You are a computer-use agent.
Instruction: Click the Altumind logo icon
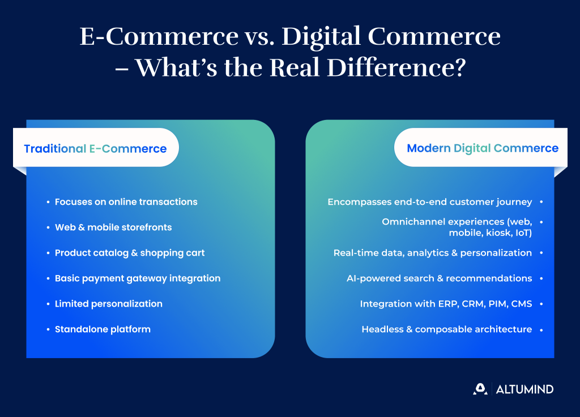480,389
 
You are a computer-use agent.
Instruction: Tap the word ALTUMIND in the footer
524,389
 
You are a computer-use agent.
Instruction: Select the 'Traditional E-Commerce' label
95,148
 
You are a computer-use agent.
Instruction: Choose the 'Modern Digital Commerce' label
483,148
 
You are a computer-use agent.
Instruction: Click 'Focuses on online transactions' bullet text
126,201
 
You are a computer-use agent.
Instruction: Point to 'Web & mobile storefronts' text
113,227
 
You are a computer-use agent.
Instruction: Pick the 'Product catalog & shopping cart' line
130,253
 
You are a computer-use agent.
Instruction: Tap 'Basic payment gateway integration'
138,278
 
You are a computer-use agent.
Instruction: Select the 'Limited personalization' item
109,304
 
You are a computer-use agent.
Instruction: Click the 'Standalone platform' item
103,329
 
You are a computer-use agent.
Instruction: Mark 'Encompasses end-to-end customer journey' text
430,202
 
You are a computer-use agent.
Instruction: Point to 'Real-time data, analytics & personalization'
433,253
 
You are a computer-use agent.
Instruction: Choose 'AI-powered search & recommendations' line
440,278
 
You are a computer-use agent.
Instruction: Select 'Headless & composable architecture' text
447,329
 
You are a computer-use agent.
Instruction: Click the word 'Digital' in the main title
321,37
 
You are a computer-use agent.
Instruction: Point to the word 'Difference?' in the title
396,67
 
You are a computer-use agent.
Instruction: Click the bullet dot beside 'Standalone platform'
48,329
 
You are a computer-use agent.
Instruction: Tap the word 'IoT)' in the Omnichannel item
524,233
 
